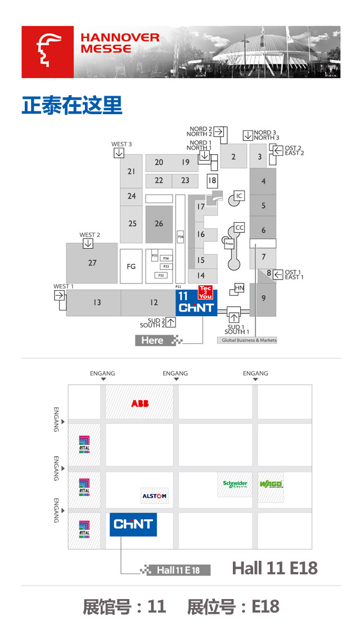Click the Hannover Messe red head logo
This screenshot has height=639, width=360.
pyautogui.click(x=47, y=52)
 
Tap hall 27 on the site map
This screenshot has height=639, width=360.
pyautogui.click(x=92, y=263)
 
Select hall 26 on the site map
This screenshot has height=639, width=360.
pyautogui.click(x=159, y=224)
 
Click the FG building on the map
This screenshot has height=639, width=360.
pyautogui.click(x=131, y=266)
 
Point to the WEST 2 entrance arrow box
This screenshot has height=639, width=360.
pyautogui.click(x=88, y=244)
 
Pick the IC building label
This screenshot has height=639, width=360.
pyautogui.click(x=239, y=196)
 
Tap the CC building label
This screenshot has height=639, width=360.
pyautogui.click(x=240, y=228)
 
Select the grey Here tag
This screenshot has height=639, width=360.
pyautogui.click(x=152, y=340)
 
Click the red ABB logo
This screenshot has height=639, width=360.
pyautogui.click(x=140, y=403)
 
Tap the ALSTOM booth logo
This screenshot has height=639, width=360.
pyautogui.click(x=154, y=496)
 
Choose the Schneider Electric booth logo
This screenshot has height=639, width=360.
pyautogui.click(x=235, y=484)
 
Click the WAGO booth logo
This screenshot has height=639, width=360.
pyautogui.click(x=271, y=484)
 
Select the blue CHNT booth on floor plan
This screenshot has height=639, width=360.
pyautogui.click(x=133, y=524)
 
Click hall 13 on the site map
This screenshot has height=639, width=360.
pyautogui.click(x=97, y=303)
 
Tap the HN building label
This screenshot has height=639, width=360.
pyautogui.click(x=239, y=288)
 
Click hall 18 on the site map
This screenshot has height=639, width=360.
pyautogui.click(x=212, y=181)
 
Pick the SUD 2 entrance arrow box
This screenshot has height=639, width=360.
pyautogui.click(x=171, y=322)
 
